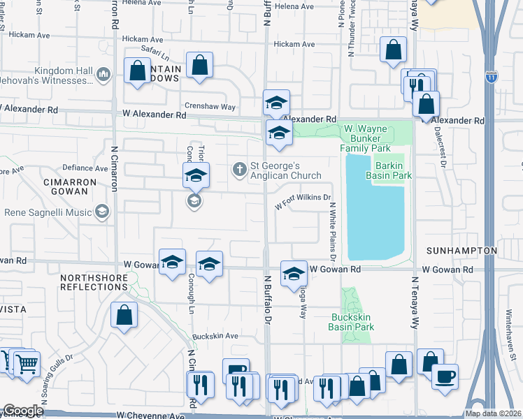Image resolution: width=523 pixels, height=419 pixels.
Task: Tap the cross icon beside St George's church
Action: pos(239,168)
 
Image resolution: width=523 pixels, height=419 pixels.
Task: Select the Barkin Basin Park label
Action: pos(393,170)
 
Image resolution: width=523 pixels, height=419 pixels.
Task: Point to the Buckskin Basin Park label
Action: pos(352,322)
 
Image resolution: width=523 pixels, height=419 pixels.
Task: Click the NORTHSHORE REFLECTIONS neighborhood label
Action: pos(96,282)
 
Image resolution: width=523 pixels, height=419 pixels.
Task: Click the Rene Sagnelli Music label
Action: pos(49,212)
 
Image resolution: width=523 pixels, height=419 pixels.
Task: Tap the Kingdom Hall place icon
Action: pos(103,73)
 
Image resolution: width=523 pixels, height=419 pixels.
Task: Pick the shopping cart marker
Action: pos(27,363)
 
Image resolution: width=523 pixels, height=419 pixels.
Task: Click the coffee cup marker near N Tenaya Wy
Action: pos(445,376)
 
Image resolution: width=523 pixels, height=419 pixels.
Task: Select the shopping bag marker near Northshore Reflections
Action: pos(124,314)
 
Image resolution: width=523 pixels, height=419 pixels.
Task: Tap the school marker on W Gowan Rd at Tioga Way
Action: pos(294,273)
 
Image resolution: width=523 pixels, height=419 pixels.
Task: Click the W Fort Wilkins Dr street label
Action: pos(303,203)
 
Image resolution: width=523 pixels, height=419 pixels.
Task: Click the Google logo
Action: pos(23,411)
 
